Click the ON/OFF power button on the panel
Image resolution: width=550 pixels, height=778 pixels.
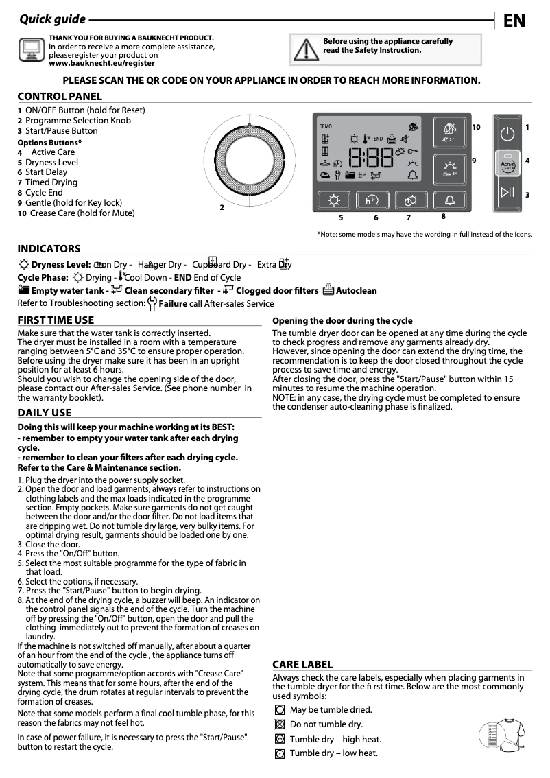[507, 134]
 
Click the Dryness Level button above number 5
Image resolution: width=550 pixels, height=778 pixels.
[334, 201]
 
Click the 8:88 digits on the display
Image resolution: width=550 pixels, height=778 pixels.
[370, 159]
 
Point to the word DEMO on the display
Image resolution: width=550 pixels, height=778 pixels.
[326, 126]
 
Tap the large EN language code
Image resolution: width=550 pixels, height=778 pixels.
[514, 21]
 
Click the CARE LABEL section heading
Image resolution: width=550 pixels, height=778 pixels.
[302, 664]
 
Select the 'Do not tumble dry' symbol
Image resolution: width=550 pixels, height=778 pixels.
[279, 724]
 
